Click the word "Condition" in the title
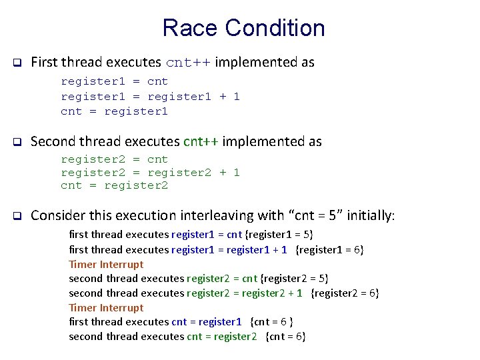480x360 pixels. (275, 28)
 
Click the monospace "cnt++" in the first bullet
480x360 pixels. (188, 63)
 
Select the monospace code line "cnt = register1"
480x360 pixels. (114, 111)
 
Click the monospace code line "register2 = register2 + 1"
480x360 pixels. (150, 173)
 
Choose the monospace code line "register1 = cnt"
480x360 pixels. (114, 81)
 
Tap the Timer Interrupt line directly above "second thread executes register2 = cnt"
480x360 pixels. (106, 264)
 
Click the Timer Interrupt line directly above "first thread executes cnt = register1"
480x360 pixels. (106, 307)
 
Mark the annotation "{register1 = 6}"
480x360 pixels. (329, 249)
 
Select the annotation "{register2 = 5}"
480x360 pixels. (294, 278)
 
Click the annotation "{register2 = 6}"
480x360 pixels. (345, 293)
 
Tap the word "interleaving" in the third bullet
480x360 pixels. (218, 216)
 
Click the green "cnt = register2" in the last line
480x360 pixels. (221, 336)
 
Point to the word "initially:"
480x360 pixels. (369, 216)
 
